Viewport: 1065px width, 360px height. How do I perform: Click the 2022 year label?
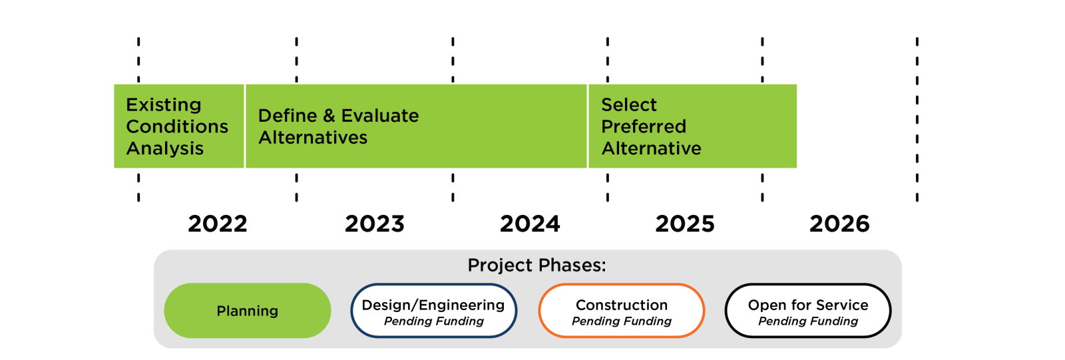(218, 224)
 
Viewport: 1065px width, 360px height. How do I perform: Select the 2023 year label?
(374, 224)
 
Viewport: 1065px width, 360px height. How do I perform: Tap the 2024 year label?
(530, 224)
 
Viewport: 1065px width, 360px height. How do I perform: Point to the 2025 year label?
(685, 224)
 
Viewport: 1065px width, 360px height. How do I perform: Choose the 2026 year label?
(839, 224)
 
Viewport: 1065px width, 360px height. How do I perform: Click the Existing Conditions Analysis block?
(178, 126)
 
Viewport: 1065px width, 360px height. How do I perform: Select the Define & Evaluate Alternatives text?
(338, 126)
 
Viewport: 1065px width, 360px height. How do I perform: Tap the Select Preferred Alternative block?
(692, 126)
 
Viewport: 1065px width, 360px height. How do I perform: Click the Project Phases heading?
(536, 265)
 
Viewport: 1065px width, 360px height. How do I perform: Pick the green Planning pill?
(247, 311)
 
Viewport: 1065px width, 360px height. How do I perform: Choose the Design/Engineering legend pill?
(433, 311)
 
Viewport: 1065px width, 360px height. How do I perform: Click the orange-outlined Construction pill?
(621, 311)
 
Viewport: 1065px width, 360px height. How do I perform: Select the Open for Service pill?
(807, 311)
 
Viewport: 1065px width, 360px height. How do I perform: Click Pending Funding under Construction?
(622, 321)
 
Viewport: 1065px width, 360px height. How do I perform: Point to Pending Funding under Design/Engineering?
(433, 321)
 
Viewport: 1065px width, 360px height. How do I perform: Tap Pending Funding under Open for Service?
(808, 321)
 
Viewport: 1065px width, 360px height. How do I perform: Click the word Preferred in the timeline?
(643, 126)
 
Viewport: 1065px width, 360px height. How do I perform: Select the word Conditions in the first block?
(177, 126)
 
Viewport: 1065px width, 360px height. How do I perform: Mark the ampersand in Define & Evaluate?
(329, 116)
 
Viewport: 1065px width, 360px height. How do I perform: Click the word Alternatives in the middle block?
(313, 138)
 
